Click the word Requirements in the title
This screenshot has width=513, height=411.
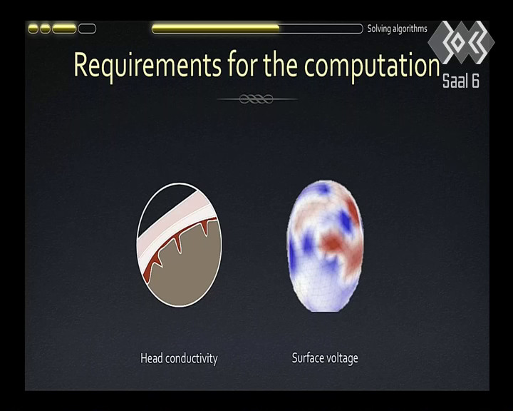click(147, 65)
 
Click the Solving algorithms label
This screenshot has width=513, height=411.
click(397, 29)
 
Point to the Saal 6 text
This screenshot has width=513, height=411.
click(461, 81)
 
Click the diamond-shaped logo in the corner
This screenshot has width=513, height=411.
click(461, 42)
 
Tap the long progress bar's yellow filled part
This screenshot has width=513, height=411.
click(216, 29)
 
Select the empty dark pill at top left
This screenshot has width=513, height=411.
click(87, 29)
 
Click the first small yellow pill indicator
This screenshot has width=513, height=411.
click(33, 29)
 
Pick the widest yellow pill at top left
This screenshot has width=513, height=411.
click(64, 29)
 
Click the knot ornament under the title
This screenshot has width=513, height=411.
click(256, 98)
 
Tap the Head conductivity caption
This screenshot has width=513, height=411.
click(179, 359)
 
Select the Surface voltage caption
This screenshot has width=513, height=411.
click(325, 358)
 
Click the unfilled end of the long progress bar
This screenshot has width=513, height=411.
click(321, 29)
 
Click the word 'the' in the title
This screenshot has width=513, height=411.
click(281, 64)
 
